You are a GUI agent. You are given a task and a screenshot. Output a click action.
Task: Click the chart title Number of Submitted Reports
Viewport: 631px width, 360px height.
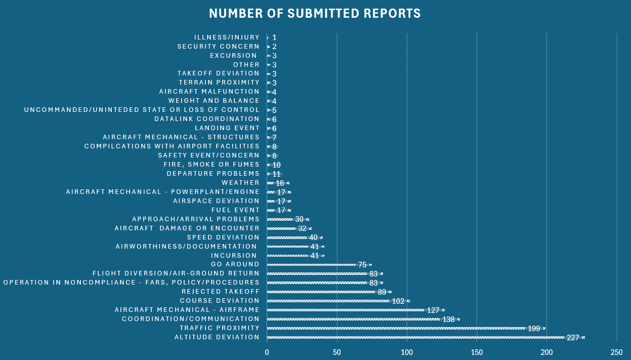(x=315, y=14)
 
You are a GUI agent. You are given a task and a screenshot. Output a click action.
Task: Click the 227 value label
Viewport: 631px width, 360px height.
(x=573, y=338)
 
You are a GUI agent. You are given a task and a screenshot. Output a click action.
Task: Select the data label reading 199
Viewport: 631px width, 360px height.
(x=534, y=329)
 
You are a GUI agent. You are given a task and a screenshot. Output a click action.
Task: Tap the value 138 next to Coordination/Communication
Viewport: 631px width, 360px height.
(x=449, y=319)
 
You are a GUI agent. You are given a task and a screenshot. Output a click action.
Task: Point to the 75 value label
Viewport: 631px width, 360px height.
(x=362, y=265)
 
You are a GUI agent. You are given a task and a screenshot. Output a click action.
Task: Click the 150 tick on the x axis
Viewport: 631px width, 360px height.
(x=477, y=352)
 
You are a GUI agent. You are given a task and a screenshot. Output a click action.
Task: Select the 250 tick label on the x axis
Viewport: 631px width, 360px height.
(x=616, y=352)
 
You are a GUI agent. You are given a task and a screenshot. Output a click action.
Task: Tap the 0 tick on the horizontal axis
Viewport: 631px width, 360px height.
(x=267, y=352)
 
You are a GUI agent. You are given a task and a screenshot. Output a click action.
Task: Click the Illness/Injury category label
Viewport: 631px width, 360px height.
(x=227, y=37)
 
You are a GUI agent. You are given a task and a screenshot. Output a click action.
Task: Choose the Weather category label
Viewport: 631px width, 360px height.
(x=240, y=183)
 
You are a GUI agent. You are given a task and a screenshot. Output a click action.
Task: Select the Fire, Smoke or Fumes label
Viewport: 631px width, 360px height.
(x=212, y=165)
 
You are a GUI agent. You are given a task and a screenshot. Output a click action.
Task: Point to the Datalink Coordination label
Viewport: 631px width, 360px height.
(x=207, y=119)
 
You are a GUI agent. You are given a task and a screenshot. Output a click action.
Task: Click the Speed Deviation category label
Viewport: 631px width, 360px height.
(x=223, y=237)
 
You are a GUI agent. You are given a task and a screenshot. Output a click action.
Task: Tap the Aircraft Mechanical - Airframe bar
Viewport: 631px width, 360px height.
(x=354, y=310)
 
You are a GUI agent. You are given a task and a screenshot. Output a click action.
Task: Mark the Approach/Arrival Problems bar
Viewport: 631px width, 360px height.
(x=281, y=219)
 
